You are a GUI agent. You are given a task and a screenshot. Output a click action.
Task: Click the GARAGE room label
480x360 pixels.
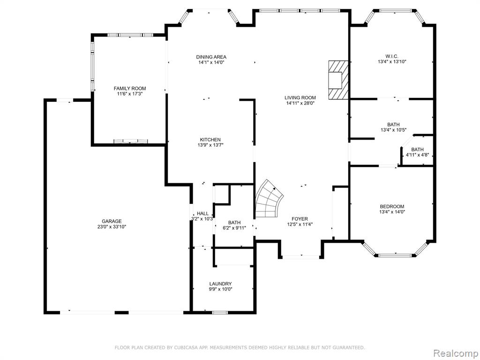(x=112, y=221)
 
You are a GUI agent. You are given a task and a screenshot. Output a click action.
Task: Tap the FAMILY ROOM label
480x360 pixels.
(x=130, y=89)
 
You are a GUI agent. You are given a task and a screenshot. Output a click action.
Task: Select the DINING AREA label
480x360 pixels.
(x=211, y=57)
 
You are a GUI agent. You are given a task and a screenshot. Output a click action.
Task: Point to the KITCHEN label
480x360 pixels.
(x=210, y=140)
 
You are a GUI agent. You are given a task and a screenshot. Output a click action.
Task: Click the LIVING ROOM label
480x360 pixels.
(x=300, y=97)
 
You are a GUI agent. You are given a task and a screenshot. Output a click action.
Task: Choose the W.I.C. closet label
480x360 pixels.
(x=392, y=56)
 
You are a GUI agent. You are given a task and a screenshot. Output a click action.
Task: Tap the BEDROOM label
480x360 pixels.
(x=392, y=206)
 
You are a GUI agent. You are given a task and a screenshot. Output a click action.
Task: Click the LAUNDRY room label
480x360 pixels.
(x=220, y=284)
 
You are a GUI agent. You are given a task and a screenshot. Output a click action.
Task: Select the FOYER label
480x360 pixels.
(x=300, y=219)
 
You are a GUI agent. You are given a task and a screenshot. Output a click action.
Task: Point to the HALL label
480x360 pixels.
(x=202, y=213)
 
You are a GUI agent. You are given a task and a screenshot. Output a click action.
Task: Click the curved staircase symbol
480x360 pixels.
(x=269, y=200)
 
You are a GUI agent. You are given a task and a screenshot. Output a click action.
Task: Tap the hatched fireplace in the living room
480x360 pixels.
(x=338, y=80)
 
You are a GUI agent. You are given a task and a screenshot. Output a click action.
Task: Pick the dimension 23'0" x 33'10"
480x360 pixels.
(x=112, y=227)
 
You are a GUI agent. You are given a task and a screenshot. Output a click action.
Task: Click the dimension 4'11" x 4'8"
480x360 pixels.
(x=417, y=155)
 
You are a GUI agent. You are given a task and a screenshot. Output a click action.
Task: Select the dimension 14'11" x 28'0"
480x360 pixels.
(x=300, y=103)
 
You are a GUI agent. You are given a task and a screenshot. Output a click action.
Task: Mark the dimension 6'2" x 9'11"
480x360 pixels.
(x=234, y=228)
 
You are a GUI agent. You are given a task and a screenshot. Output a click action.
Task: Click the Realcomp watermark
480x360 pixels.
(x=456, y=353)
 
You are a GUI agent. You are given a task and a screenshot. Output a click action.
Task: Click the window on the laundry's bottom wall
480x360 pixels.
(x=220, y=313)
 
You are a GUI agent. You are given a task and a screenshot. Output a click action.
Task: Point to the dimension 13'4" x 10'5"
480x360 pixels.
(x=393, y=130)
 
